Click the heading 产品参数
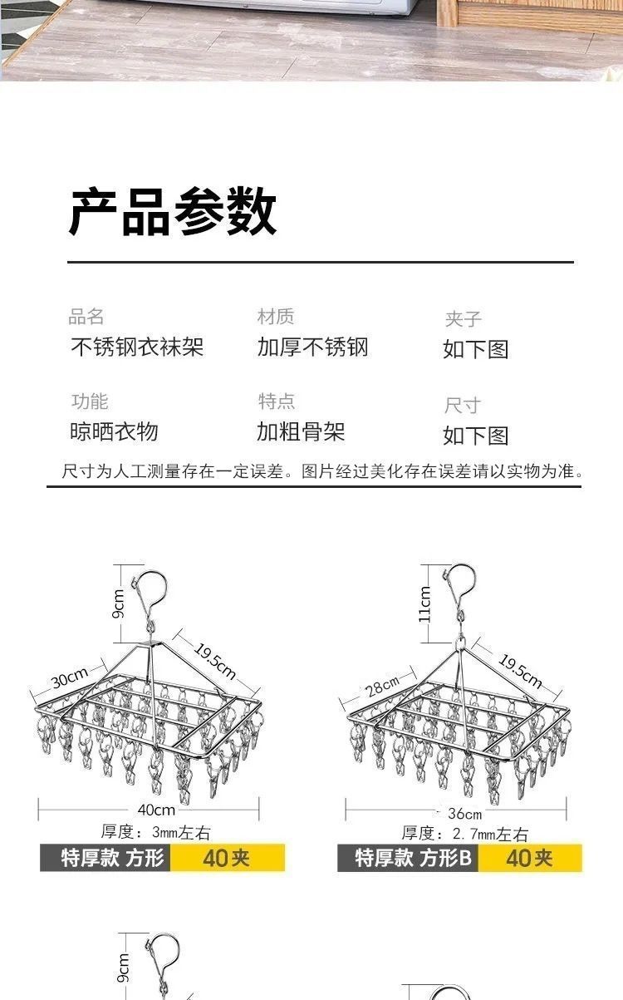(172, 212)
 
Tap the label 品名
(86, 317)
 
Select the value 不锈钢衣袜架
(137, 347)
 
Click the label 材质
(276, 317)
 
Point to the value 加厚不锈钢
(312, 347)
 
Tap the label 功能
(90, 401)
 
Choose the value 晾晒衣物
(114, 431)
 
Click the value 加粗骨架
(301, 431)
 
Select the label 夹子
(463, 319)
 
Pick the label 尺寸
(463, 406)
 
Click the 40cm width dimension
(156, 810)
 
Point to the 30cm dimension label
(70, 680)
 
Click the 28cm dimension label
(381, 686)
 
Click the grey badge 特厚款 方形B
(407, 858)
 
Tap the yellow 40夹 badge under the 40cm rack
(227, 858)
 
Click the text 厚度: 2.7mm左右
(465, 834)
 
